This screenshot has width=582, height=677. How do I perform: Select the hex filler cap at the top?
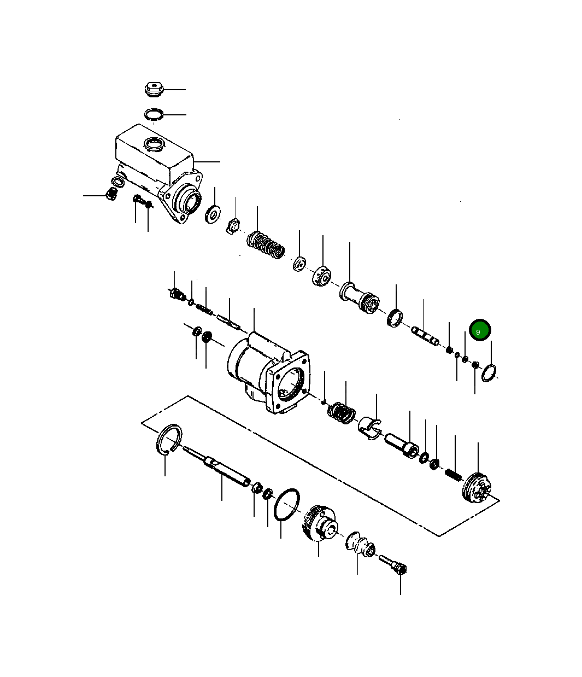(x=154, y=89)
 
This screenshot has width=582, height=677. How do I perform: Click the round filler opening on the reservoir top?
(x=153, y=144)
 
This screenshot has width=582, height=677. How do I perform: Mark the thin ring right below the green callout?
(x=489, y=372)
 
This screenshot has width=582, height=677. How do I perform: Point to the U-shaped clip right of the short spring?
(x=370, y=427)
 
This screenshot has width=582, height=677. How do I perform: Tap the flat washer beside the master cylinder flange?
(x=213, y=214)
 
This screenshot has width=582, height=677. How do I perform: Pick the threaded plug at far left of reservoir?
(x=111, y=194)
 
